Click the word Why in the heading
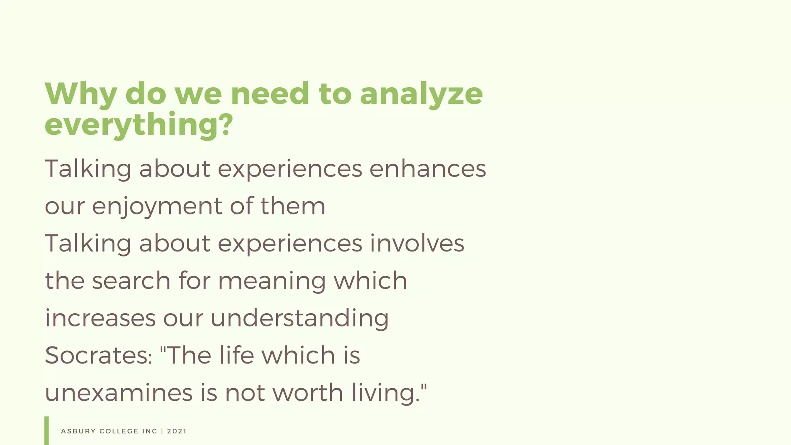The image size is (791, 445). [x=81, y=94]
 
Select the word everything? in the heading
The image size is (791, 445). [x=139, y=125]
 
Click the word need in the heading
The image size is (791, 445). [x=270, y=94]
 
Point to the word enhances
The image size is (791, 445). [x=428, y=169]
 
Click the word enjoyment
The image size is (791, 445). [x=157, y=206]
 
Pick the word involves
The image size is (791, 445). [x=417, y=243]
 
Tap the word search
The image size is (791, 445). [x=131, y=280]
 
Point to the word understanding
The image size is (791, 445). [x=299, y=318]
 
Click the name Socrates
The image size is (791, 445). [x=98, y=355]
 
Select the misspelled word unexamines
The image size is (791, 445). [x=119, y=392]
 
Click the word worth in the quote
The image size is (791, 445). [x=308, y=392]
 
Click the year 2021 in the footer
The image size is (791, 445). [x=177, y=431]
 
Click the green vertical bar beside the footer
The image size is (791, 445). [x=47, y=430]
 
